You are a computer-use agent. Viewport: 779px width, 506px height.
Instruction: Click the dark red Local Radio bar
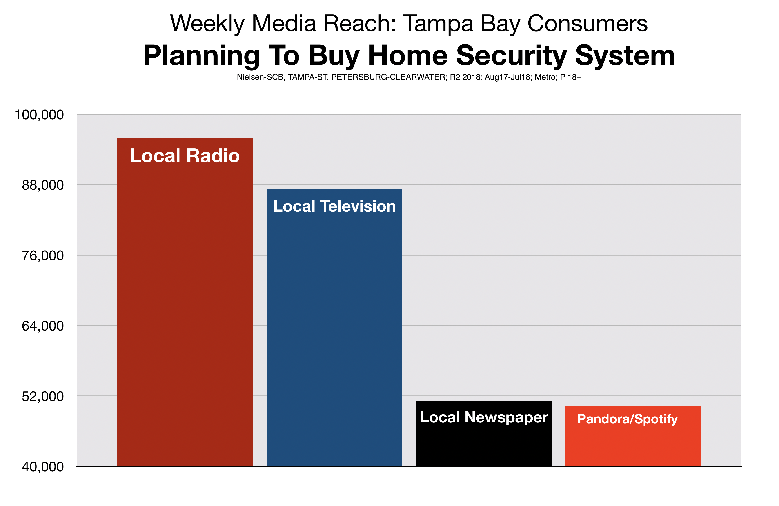[185, 302]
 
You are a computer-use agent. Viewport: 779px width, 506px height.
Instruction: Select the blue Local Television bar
[334, 327]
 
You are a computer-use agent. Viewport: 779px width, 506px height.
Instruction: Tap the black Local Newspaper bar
[483, 434]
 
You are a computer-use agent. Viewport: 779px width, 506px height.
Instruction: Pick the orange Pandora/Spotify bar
[633, 436]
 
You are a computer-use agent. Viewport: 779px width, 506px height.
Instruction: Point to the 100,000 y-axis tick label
[39, 115]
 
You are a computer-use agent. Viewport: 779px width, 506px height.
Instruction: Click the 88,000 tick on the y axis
[43, 185]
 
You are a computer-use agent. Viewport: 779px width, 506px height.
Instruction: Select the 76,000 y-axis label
[43, 256]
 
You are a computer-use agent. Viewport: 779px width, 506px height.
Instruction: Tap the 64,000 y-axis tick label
[43, 326]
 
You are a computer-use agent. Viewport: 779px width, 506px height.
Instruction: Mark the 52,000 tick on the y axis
[43, 396]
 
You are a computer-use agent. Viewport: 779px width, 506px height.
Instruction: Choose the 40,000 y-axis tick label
[43, 467]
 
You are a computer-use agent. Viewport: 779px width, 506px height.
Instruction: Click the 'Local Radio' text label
[185, 155]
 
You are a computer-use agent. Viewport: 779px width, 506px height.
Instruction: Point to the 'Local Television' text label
[334, 206]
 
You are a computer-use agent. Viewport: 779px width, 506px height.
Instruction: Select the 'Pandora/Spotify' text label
[628, 419]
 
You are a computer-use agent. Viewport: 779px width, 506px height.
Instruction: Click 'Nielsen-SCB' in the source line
[260, 77]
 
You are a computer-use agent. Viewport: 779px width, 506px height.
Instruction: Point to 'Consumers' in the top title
[588, 24]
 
